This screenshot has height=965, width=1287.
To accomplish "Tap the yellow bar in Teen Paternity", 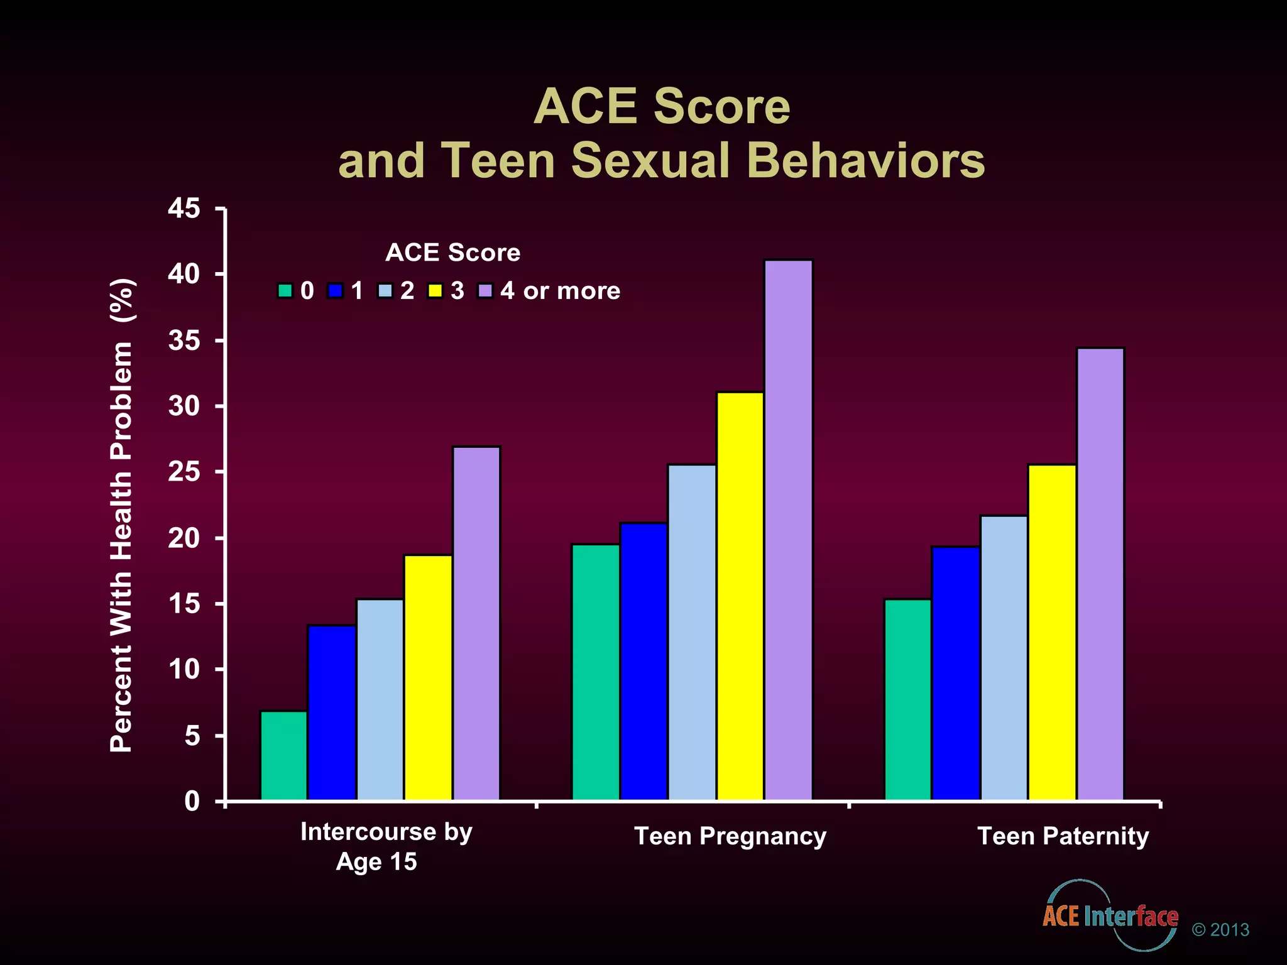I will (x=1051, y=632).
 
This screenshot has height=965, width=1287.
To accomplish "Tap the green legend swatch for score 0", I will (x=285, y=291).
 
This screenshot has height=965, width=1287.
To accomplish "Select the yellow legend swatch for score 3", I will (x=435, y=291).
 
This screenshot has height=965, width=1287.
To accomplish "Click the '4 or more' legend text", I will (x=560, y=291).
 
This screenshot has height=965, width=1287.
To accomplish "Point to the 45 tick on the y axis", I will (x=184, y=209).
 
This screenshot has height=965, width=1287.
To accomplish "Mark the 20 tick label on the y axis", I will (x=184, y=538).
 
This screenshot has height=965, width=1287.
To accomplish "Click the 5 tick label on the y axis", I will (x=192, y=736).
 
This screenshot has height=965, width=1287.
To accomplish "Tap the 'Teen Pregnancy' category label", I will (x=730, y=836).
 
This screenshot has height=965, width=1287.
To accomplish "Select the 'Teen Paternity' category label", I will (x=1063, y=836).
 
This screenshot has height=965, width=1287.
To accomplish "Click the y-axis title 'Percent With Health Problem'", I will (x=121, y=515).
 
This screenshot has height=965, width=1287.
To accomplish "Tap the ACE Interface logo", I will (x=1110, y=916).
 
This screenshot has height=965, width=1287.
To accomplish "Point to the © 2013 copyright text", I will (x=1220, y=930).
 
